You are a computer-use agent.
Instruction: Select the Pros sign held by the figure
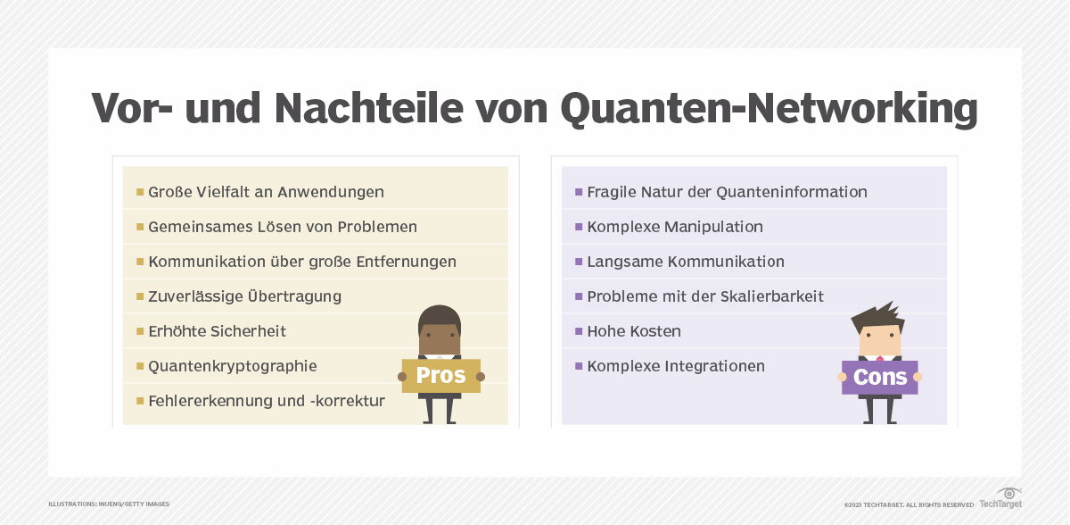coord(440,376)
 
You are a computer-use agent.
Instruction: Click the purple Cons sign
coord(879,377)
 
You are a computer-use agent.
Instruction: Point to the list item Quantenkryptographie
coord(232,366)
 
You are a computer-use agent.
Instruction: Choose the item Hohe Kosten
coord(633,331)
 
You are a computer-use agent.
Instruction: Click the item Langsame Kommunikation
coord(685,262)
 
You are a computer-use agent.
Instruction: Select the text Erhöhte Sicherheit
coord(217,331)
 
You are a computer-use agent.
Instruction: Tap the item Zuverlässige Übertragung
coord(244,296)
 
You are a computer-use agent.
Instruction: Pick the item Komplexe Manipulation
coord(674,227)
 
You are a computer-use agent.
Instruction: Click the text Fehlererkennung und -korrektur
coord(266,401)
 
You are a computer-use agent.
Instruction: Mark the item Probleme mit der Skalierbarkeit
coord(704,296)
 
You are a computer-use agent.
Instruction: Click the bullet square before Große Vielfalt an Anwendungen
coord(140,192)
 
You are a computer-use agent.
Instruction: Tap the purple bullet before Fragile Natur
coord(579,192)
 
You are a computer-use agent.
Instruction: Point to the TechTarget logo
coord(1001,498)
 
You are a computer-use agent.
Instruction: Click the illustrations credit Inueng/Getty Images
coord(109,504)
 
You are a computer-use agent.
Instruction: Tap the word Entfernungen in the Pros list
coord(402,262)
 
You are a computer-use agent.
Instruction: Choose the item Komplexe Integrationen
coord(675,366)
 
